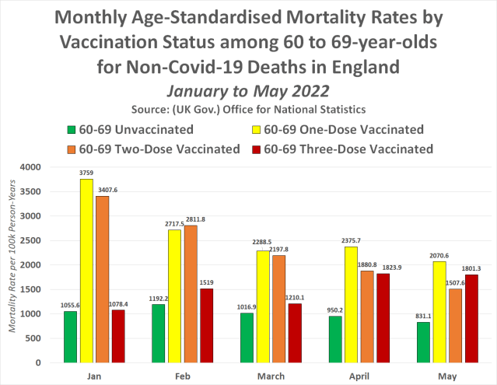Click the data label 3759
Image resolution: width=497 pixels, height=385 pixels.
pos(87,173)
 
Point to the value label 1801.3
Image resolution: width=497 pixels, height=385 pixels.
pos(467,268)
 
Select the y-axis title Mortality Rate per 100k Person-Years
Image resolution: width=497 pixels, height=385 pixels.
pos(12,265)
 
